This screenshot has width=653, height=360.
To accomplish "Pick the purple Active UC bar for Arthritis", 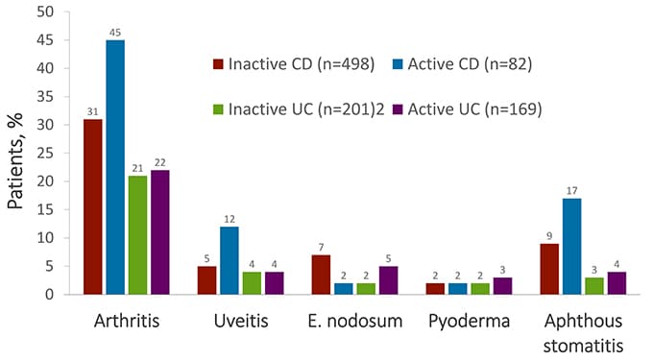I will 159,231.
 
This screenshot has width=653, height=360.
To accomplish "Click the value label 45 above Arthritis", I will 115,33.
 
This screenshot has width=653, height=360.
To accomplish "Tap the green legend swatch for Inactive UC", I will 218,109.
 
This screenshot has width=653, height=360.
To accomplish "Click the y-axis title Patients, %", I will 17,154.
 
